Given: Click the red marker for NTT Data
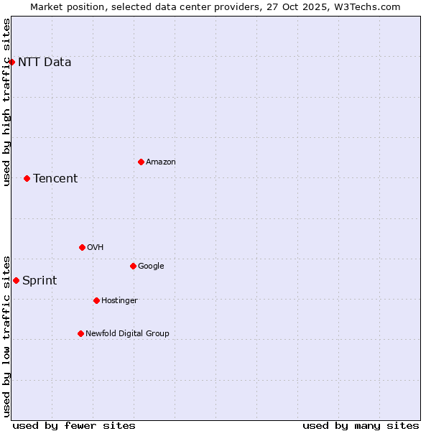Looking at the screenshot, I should pyautogui.click(x=11, y=62).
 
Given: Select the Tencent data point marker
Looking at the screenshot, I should pyautogui.click(x=27, y=178).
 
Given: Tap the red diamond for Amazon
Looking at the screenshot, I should pyautogui.click(x=141, y=162).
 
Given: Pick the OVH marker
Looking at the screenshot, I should pyautogui.click(x=82, y=247).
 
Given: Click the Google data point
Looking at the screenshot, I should pyautogui.click(x=133, y=266).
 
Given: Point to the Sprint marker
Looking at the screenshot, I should pyautogui.click(x=16, y=280).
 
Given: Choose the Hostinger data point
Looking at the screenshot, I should pyautogui.click(x=96, y=300).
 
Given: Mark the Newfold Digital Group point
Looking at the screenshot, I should pyautogui.click(x=80, y=333).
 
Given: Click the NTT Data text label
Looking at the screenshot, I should pyautogui.click(x=45, y=62).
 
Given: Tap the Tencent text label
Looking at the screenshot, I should pyautogui.click(x=55, y=178).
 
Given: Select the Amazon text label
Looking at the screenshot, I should pyautogui.click(x=161, y=162).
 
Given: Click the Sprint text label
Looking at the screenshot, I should pyautogui.click(x=40, y=280).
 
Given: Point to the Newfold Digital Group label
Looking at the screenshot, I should pyautogui.click(x=127, y=333).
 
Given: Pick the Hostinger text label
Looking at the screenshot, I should pyautogui.click(x=119, y=300).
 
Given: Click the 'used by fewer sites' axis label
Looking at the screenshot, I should pyautogui.click(x=74, y=425).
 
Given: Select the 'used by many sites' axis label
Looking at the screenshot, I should pyautogui.click(x=361, y=425).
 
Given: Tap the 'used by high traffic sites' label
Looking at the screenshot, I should pyautogui.click(x=6, y=102).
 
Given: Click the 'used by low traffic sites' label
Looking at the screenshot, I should pyautogui.click(x=6, y=335).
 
